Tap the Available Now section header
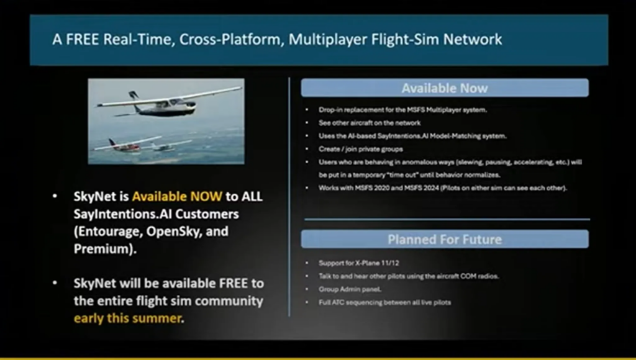pos(445,88)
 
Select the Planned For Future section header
pos(445,239)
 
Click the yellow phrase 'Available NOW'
pos(177,197)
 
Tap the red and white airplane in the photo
pos(125,145)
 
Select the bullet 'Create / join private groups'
pos(361,149)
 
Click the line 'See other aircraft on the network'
pos(370,122)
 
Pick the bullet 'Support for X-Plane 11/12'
pos(358,263)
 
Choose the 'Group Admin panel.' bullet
pos(350,289)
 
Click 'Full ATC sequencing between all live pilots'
pos(385,302)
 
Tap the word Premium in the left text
pos(104,248)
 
